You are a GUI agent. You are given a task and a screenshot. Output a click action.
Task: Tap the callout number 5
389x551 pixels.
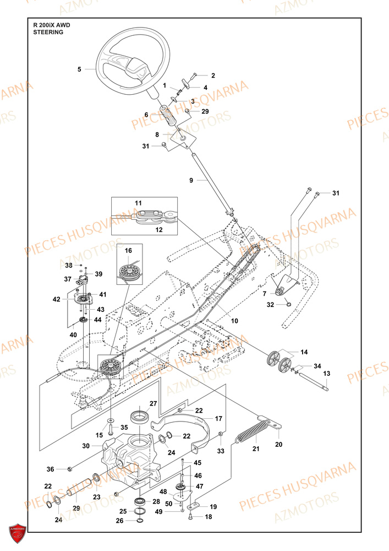(x=79, y=69)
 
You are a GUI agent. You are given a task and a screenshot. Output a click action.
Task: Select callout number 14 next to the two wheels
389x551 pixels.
(x=304, y=352)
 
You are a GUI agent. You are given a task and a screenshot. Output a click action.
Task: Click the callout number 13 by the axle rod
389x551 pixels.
(x=326, y=373)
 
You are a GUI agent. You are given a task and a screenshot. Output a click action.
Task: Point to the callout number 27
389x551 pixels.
(x=154, y=403)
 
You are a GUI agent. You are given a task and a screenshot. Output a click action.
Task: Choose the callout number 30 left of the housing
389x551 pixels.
(x=85, y=446)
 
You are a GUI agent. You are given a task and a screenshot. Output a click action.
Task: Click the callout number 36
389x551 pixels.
(x=50, y=469)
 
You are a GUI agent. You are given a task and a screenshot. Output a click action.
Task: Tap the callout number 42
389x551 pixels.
(x=56, y=300)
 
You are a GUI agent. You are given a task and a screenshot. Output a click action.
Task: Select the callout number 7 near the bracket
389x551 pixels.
(x=264, y=294)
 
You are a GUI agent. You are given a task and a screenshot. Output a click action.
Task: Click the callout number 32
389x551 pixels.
(x=270, y=304)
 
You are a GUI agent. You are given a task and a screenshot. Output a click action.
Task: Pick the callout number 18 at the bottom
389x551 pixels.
(x=209, y=516)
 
